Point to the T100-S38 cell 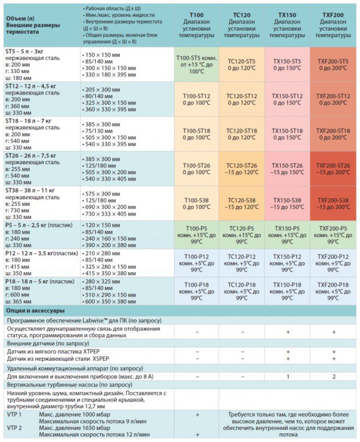tap(196, 204)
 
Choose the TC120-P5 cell tap(242, 235)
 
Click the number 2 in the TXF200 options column tap(333, 376)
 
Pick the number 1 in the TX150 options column tap(287, 376)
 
